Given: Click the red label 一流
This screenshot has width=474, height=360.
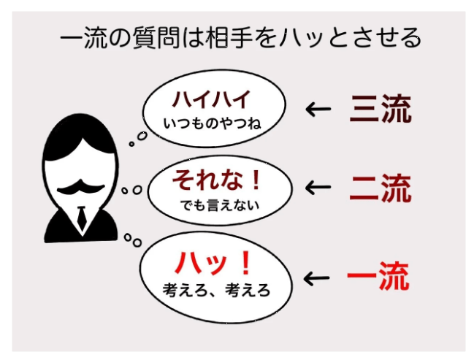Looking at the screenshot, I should (378, 277).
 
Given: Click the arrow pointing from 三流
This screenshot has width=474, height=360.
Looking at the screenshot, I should (318, 110).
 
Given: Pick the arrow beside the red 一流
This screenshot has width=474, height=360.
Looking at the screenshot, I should (318, 278).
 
